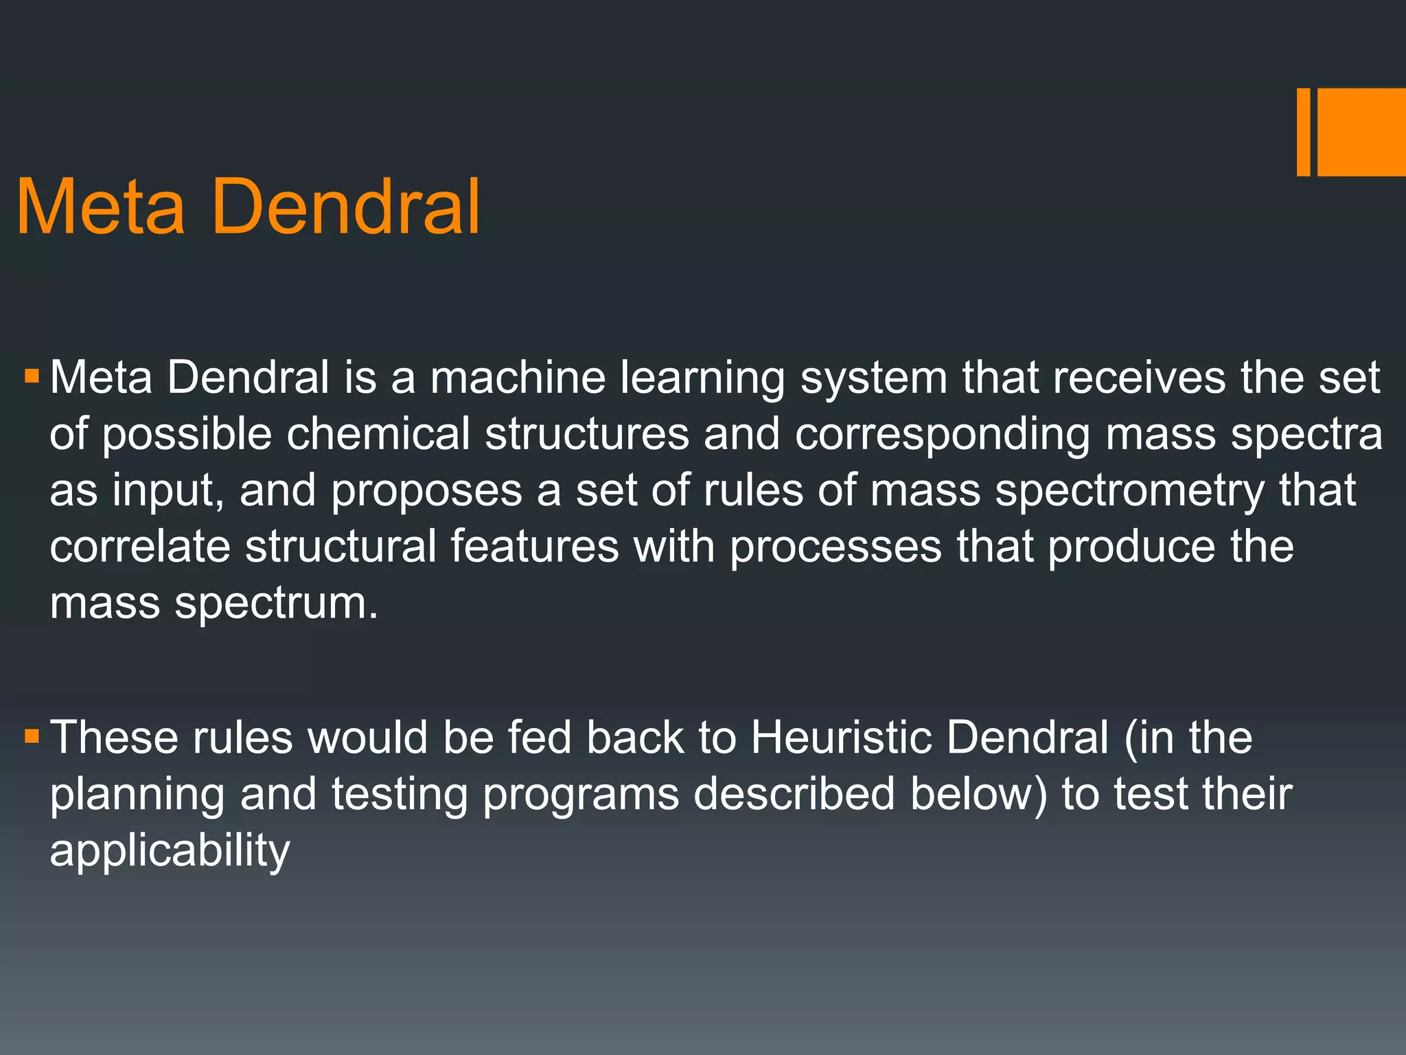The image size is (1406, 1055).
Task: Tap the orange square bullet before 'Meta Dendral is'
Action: click(32, 377)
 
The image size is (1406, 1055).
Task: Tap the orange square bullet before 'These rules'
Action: click(32, 737)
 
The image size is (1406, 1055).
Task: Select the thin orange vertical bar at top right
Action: click(1303, 132)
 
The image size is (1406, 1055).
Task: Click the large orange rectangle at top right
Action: click(1361, 132)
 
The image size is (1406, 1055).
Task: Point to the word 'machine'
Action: click(518, 378)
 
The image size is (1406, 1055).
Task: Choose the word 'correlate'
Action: click(140, 547)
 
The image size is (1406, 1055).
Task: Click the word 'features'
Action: click(534, 547)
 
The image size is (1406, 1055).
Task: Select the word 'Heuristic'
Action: click(840, 738)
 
